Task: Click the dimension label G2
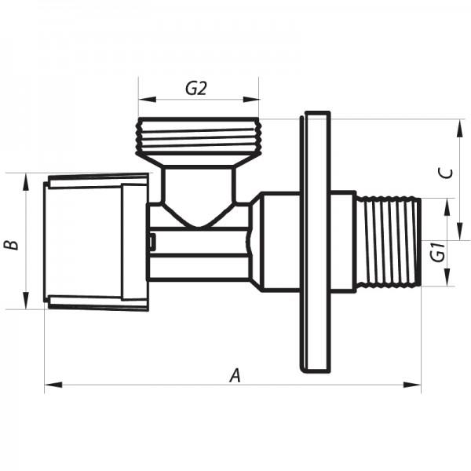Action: click(x=196, y=89)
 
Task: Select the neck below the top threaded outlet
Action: click(x=199, y=184)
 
